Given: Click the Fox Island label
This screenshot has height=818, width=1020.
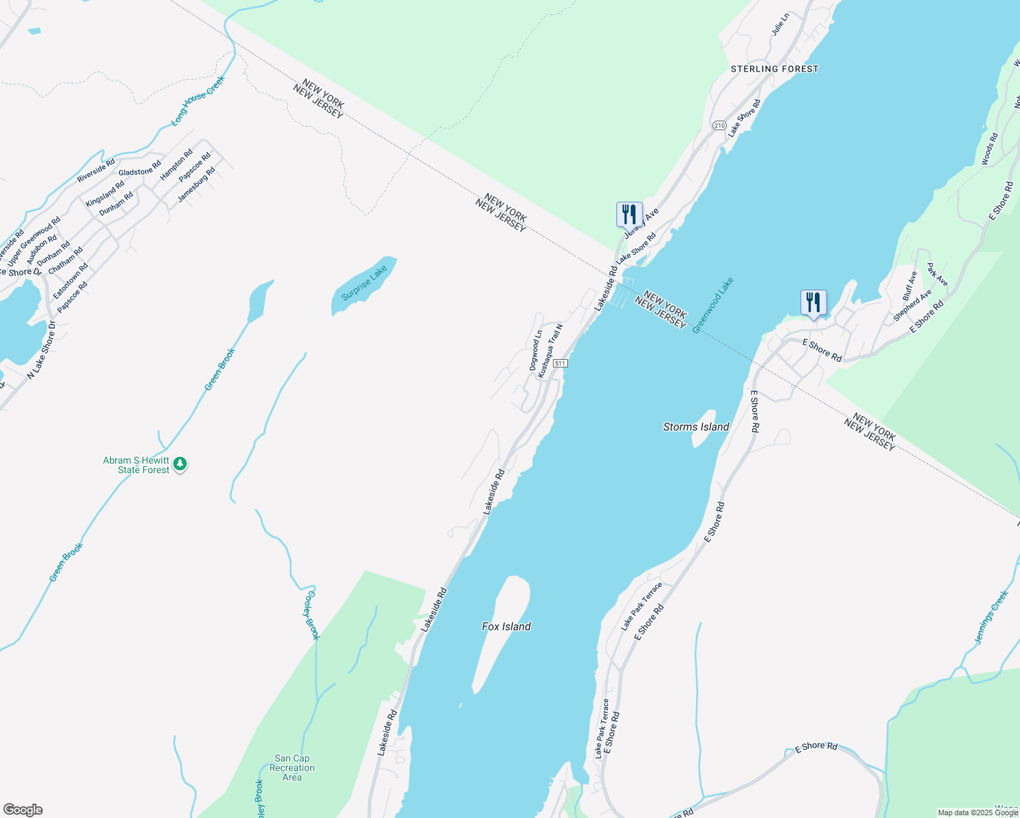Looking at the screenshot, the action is [x=506, y=626].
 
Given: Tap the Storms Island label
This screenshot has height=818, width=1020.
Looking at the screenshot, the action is [x=696, y=427].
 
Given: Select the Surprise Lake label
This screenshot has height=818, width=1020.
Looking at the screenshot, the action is [x=364, y=283].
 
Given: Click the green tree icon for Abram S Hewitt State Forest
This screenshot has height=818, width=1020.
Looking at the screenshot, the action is [x=180, y=464].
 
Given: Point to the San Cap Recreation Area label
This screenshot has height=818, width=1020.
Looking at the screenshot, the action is [x=292, y=768].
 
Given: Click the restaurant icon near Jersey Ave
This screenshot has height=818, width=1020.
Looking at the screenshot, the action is [x=629, y=214].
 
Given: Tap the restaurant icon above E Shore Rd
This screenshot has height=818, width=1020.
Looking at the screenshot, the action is [x=813, y=302].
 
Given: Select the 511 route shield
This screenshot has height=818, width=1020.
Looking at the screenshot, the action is [x=560, y=363].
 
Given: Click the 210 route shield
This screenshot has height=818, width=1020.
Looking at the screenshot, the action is [x=719, y=125].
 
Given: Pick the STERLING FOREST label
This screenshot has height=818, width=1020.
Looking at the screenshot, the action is [x=775, y=69].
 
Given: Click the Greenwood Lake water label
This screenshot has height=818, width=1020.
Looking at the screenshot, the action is [x=712, y=305].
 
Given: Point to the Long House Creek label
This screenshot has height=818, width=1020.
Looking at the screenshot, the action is [x=198, y=100].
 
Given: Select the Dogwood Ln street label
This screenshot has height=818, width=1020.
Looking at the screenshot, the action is [x=536, y=350].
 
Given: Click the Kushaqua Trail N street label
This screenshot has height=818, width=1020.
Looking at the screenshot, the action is [x=550, y=350].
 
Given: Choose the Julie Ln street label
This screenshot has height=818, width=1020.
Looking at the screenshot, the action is [x=780, y=24].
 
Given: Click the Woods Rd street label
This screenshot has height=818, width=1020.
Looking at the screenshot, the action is [x=989, y=149].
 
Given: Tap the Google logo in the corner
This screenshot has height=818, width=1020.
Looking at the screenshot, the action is [x=23, y=810].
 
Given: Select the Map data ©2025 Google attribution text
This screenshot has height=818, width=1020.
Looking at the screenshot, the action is [x=978, y=813].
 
